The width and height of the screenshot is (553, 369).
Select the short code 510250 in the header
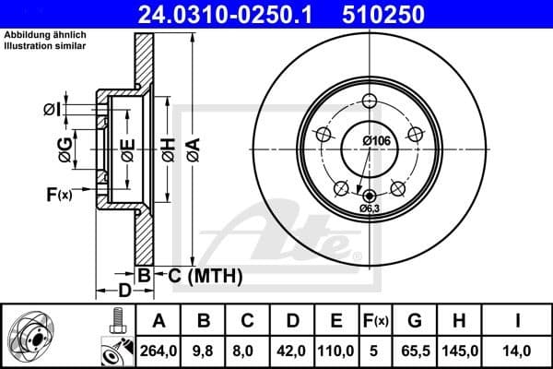[x=397, y=15]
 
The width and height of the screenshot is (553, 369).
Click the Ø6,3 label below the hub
[x=370, y=208]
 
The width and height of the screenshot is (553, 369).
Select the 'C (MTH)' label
[x=204, y=275]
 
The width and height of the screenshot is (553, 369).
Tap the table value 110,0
[x=336, y=350]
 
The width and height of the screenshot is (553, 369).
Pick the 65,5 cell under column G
[x=415, y=350]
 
